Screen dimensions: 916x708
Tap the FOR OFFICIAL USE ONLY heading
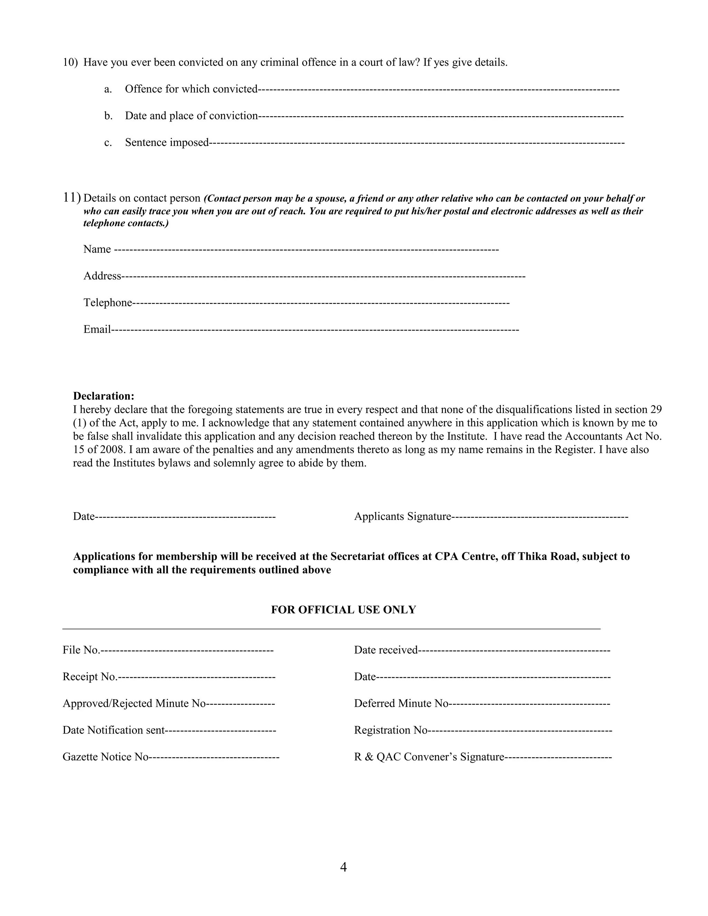click(x=343, y=610)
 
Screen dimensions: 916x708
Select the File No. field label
click(x=81, y=650)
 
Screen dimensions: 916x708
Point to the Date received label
click(x=385, y=650)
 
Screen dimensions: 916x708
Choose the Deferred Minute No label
click(x=401, y=703)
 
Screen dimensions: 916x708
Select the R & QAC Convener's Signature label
click(x=429, y=757)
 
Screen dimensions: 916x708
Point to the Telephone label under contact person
click(x=108, y=302)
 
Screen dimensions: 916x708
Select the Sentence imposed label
click(x=167, y=143)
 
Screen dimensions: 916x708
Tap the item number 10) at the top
click(x=70, y=63)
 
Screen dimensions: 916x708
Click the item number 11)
click(x=71, y=197)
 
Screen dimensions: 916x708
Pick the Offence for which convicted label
click(x=191, y=89)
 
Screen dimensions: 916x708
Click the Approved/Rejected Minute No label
click(x=134, y=703)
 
